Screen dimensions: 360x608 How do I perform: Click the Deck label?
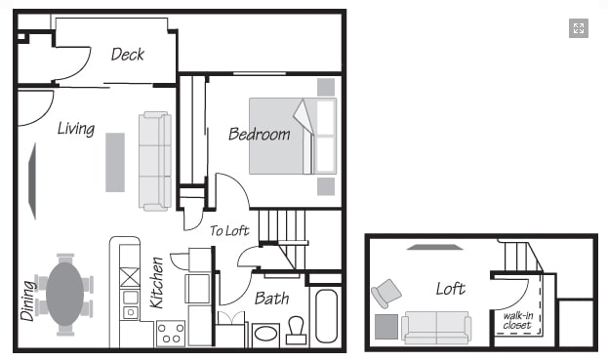[x=127, y=55]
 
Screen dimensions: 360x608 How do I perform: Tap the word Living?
[x=75, y=129]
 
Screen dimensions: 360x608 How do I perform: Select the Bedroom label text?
[x=259, y=134]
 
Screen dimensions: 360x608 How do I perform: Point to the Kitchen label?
[x=157, y=284]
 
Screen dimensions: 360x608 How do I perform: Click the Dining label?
[x=25, y=301]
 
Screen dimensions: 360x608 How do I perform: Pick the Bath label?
[x=271, y=299]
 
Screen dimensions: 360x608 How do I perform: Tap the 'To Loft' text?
[x=229, y=231]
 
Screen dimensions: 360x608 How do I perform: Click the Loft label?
[x=450, y=289]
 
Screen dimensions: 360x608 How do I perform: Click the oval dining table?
[x=65, y=294]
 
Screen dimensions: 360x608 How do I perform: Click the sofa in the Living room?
[x=154, y=161]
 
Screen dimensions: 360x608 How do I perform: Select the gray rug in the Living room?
[x=115, y=161]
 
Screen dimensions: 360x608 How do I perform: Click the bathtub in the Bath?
[x=326, y=315]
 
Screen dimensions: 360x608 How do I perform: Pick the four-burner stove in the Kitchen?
[x=171, y=333]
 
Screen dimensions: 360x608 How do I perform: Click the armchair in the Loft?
[x=386, y=293]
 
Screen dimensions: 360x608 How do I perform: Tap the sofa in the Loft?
[x=436, y=327]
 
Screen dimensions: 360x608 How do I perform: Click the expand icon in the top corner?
[x=578, y=28]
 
